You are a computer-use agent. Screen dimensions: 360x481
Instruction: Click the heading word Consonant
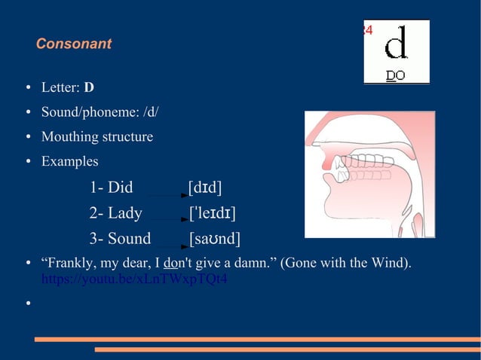coord(73,44)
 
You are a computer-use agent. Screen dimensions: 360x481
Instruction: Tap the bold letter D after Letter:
coord(89,87)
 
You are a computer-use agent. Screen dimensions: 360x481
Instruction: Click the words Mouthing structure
coord(97,137)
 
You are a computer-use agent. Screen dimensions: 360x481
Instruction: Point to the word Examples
coord(69,162)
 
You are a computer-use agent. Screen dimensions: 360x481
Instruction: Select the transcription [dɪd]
coord(205,188)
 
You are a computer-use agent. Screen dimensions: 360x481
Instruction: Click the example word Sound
coord(120,239)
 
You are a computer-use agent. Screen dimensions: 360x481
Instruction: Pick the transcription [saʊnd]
coord(214,239)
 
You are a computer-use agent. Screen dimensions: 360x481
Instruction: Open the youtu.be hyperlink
coord(134,279)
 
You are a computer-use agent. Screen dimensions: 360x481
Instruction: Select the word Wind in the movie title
coord(389,264)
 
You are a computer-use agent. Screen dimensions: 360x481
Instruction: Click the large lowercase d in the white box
coord(397,45)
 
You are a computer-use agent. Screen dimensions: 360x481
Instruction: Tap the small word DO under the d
coord(396,75)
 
